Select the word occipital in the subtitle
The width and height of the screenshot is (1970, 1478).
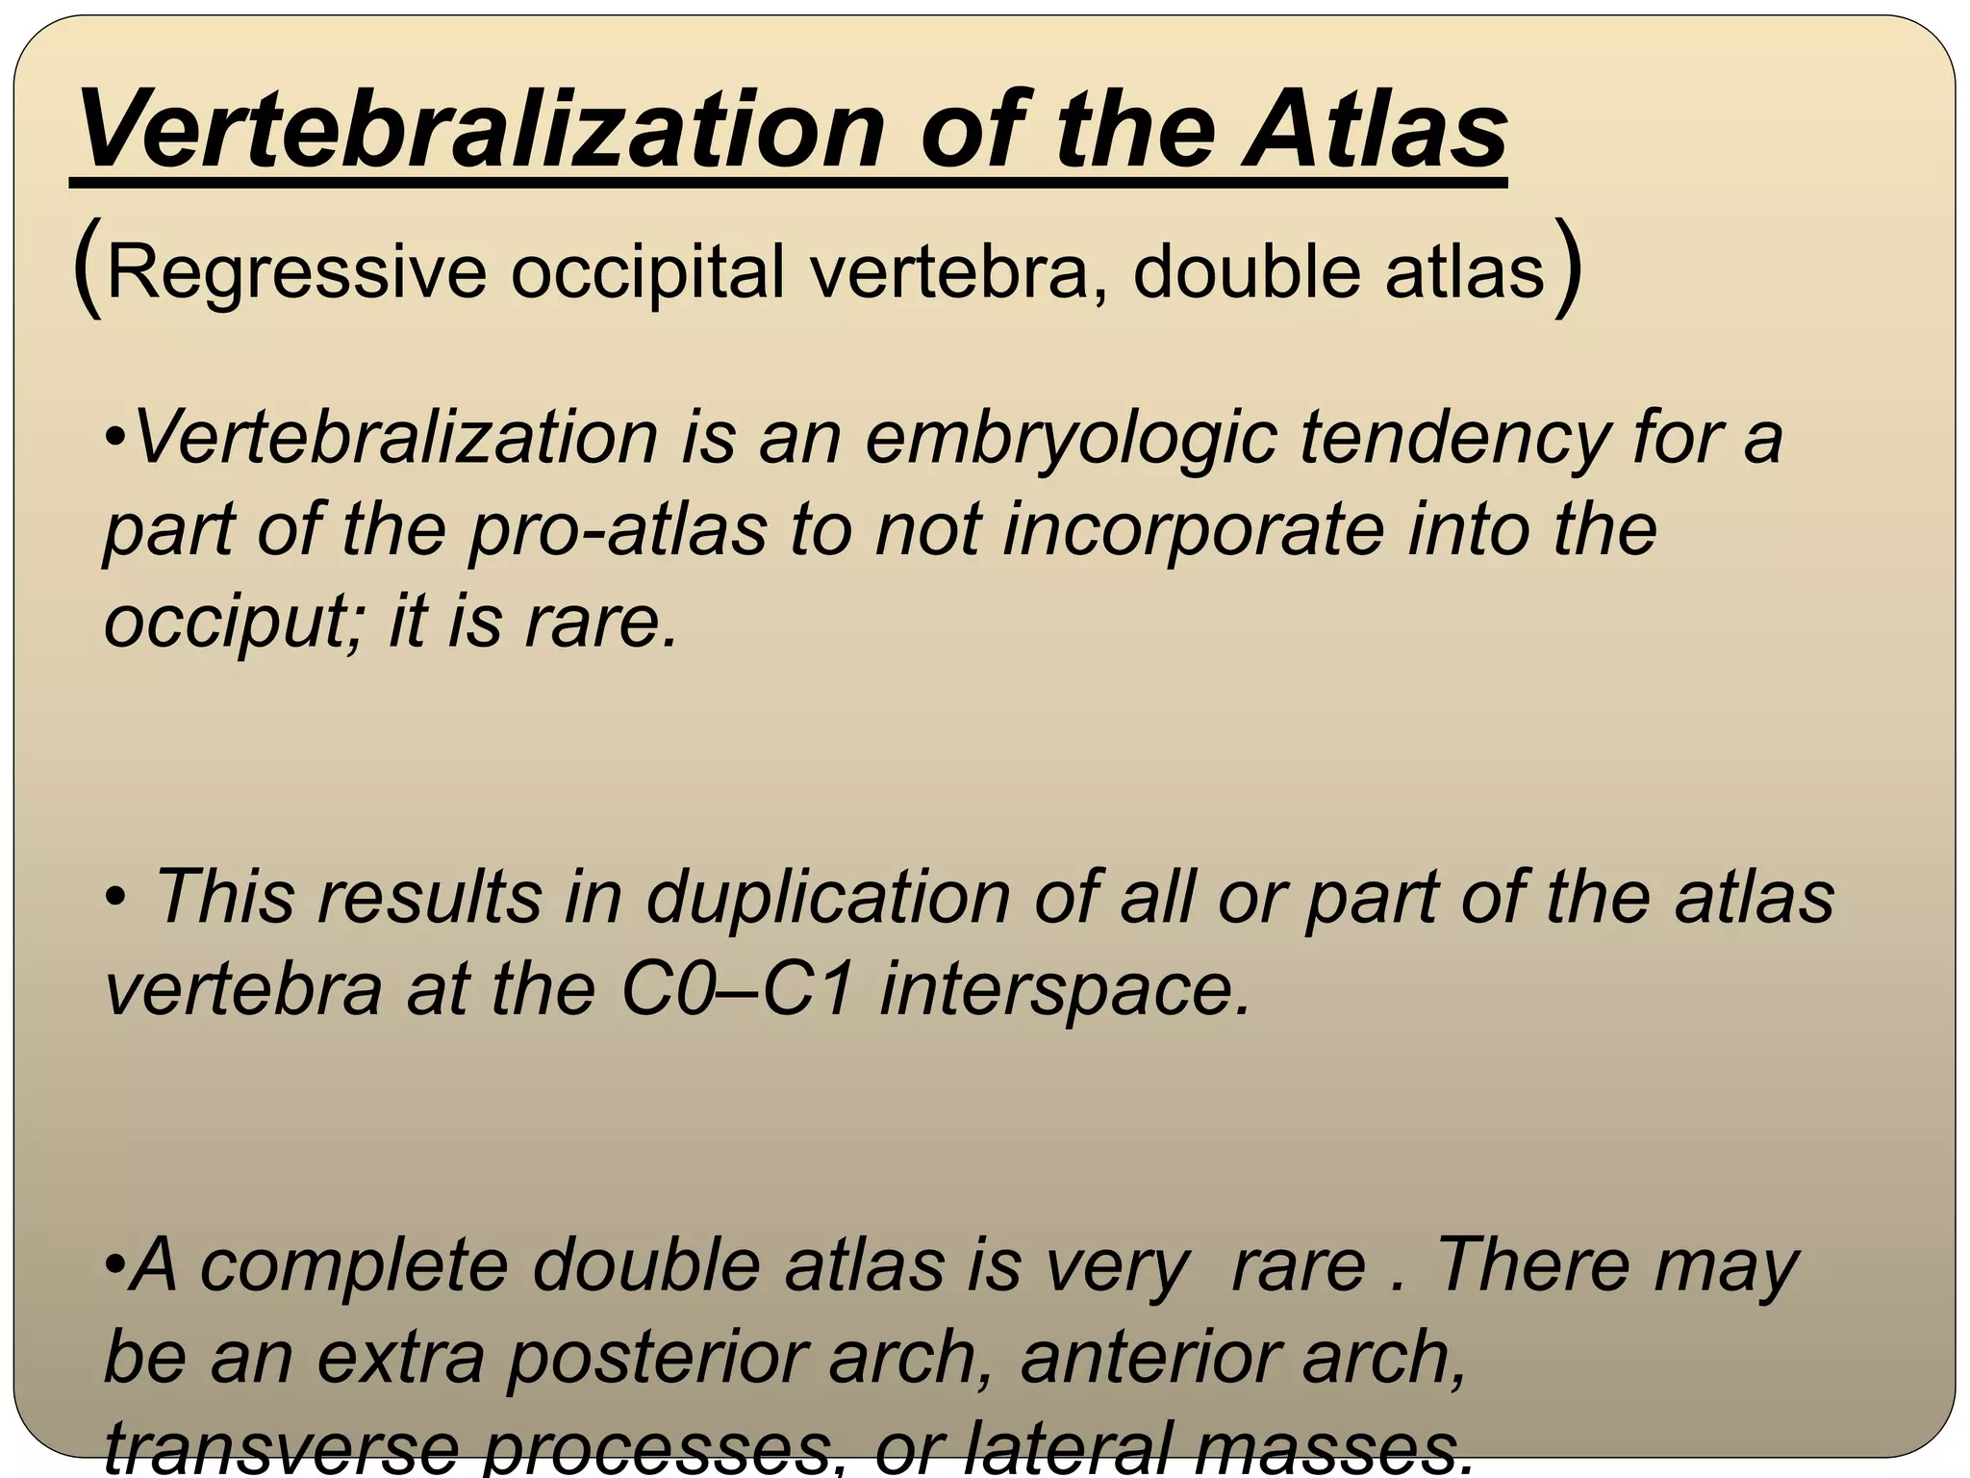point(647,273)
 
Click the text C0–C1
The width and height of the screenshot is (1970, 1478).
point(737,990)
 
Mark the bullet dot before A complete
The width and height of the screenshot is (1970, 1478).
point(114,1267)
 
